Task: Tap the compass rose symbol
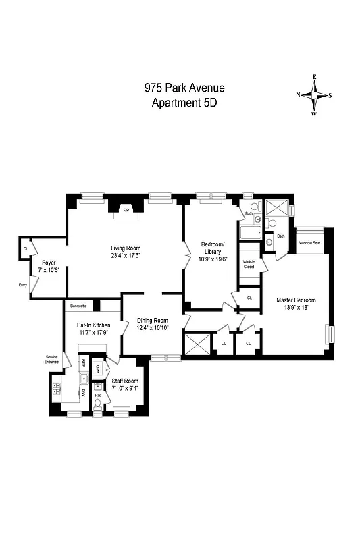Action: (x=314, y=95)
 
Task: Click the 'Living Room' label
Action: (x=126, y=248)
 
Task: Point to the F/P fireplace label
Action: (x=126, y=210)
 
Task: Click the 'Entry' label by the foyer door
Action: (x=23, y=285)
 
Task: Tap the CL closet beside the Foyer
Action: (x=26, y=249)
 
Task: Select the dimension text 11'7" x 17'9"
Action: (x=93, y=332)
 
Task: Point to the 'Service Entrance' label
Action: (x=52, y=360)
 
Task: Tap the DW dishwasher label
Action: (x=83, y=392)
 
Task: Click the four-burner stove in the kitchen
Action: (x=56, y=389)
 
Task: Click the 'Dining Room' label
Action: (x=153, y=320)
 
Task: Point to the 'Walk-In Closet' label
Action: (x=249, y=264)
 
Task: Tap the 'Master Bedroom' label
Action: (x=295, y=300)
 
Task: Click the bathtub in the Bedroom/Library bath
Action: (x=251, y=234)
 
